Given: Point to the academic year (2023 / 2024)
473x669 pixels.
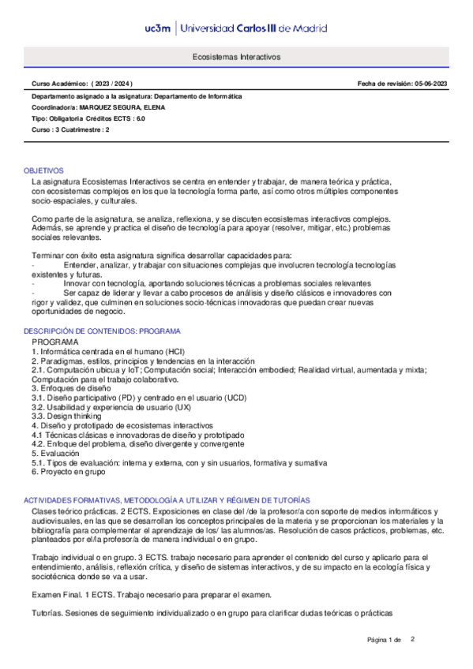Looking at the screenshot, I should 113,84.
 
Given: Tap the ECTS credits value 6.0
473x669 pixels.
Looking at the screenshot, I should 140,118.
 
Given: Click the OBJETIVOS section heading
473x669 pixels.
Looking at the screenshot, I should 43,170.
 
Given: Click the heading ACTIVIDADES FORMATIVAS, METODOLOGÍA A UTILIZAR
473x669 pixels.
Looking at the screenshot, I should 167,500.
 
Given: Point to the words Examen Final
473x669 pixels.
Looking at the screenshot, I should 58,593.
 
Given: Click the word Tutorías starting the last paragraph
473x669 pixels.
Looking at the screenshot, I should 46,613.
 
